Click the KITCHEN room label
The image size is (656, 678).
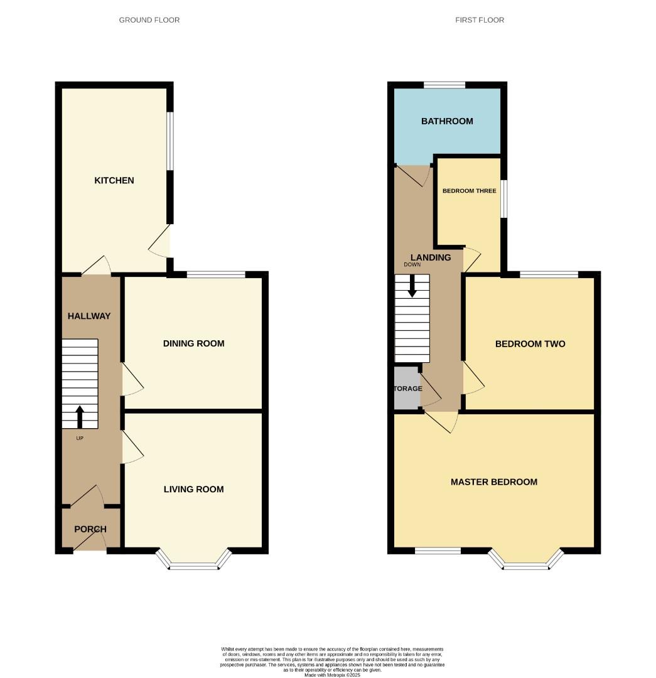point(114,180)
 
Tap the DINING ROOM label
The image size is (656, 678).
point(193,343)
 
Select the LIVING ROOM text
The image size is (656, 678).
point(193,489)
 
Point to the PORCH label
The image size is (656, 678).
point(90,529)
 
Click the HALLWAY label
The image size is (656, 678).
point(89,316)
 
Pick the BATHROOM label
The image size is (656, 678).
point(447,121)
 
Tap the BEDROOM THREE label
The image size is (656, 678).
point(469,191)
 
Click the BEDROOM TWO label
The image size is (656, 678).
point(530,343)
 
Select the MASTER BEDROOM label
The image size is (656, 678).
point(494,482)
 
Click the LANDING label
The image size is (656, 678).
point(431,257)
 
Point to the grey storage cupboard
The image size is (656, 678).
point(406,389)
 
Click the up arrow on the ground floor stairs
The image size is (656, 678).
point(80,416)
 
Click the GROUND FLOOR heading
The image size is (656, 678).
point(149,20)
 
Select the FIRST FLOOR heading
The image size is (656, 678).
point(480,20)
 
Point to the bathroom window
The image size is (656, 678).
point(444,85)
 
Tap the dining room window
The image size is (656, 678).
point(216,274)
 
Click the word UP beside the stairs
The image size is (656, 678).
point(80,438)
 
